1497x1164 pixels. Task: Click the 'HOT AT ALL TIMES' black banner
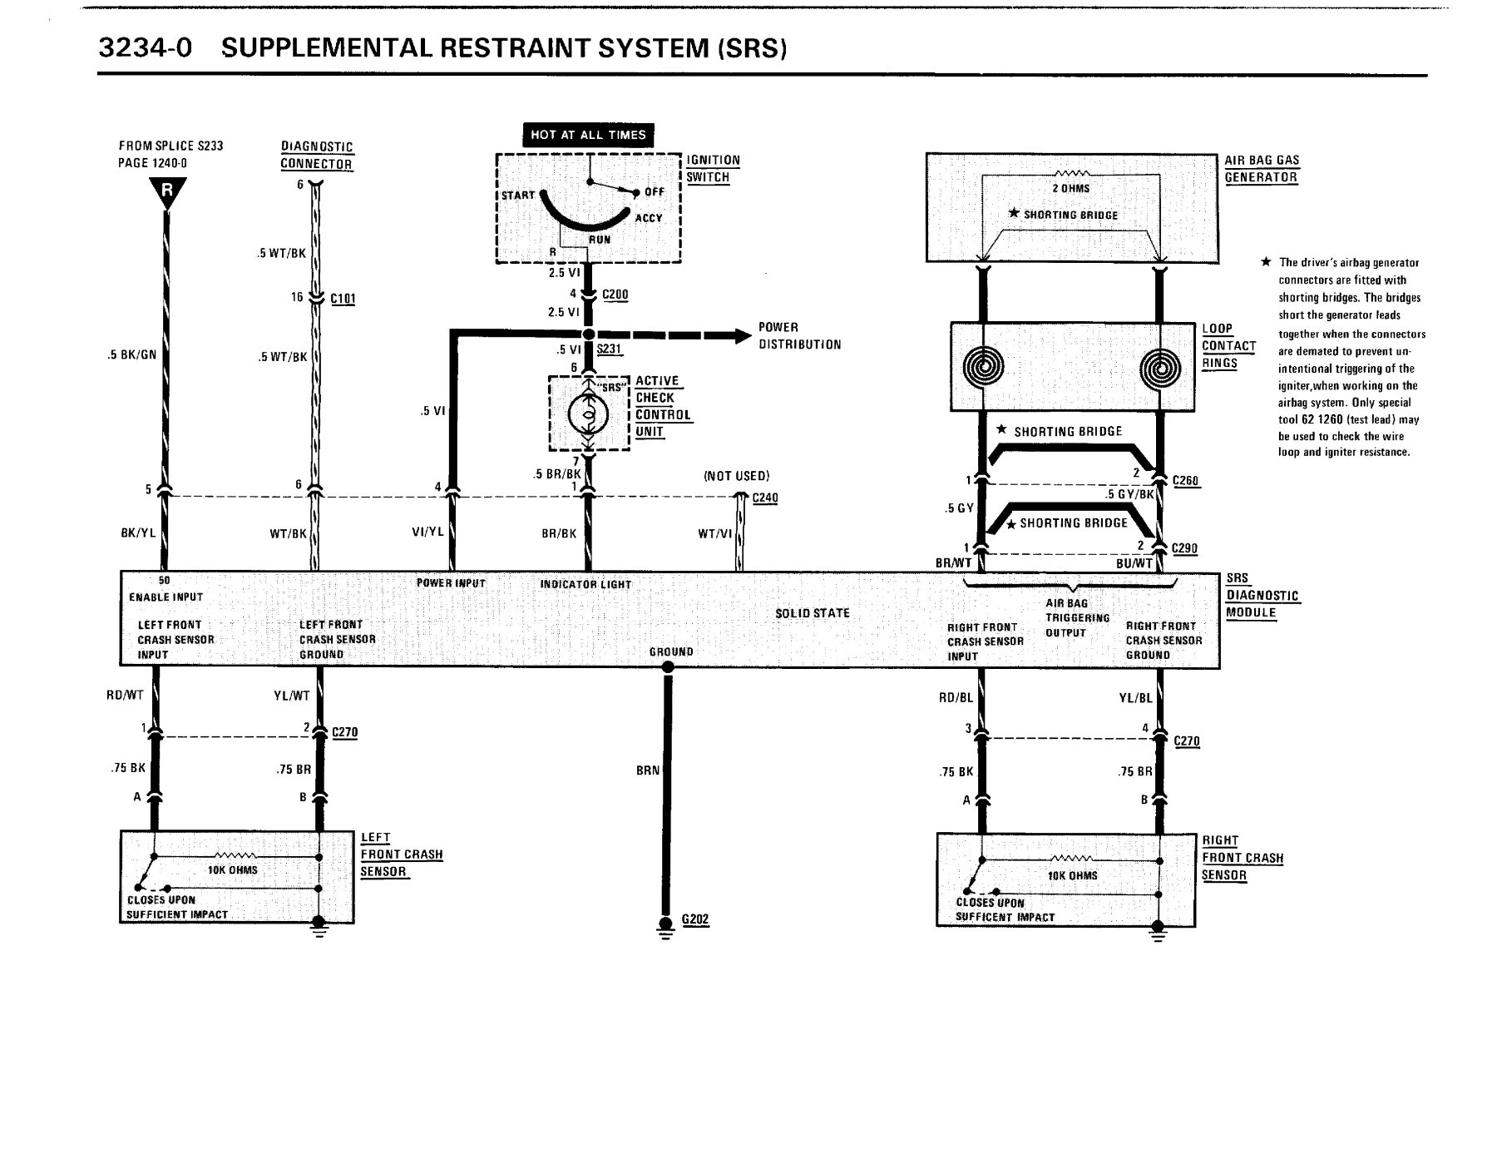click(x=588, y=135)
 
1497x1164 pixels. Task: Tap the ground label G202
click(x=695, y=919)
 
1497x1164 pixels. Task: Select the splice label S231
click(x=610, y=349)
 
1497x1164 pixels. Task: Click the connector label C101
click(x=343, y=298)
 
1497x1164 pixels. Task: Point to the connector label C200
click(x=615, y=295)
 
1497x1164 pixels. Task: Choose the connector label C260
click(x=1185, y=481)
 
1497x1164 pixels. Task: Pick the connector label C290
click(x=1184, y=548)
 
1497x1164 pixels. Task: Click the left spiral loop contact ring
click(x=983, y=367)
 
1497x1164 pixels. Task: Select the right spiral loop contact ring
click(x=1161, y=367)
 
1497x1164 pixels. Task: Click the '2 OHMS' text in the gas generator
click(x=1070, y=188)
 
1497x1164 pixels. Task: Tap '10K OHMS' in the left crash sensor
click(x=232, y=870)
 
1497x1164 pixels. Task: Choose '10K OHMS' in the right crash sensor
click(x=1072, y=875)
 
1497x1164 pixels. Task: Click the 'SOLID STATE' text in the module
click(x=813, y=613)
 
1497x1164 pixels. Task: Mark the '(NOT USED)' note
click(x=737, y=476)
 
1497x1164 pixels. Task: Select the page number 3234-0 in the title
click(x=146, y=48)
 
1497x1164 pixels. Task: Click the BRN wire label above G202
click(x=648, y=770)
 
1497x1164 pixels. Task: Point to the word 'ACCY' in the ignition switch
click(x=649, y=218)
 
